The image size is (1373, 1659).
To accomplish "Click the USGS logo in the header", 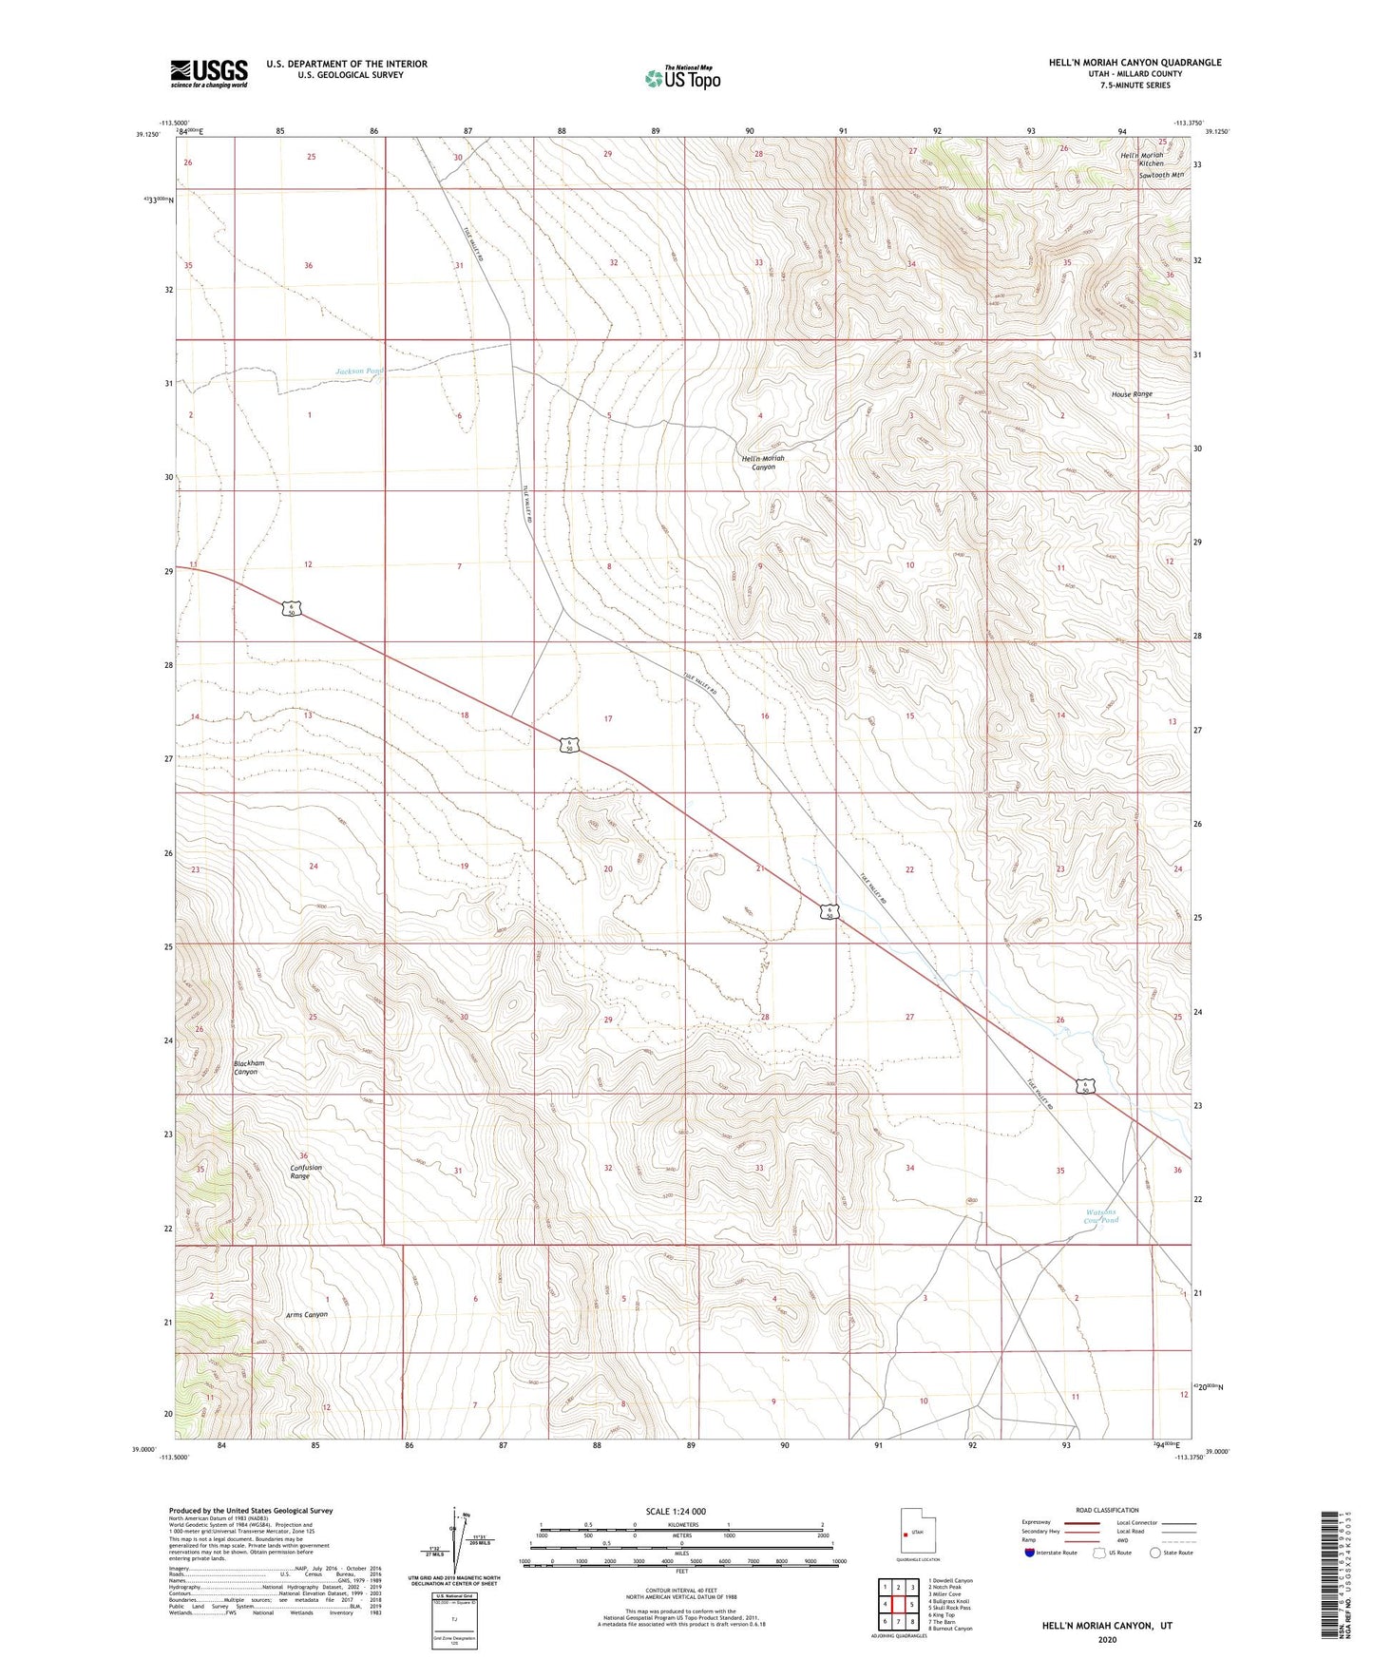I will (209, 73).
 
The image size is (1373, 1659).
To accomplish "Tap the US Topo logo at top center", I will (681, 77).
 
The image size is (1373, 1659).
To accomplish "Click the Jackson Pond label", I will (359, 372).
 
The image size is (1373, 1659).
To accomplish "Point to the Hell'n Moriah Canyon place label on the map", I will (763, 463).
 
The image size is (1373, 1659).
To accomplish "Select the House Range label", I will (1132, 393).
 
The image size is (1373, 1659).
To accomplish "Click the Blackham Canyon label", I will (249, 1067).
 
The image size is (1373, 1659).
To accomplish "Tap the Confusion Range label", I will (306, 1172).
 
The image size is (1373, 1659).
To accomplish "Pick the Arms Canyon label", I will (307, 1315).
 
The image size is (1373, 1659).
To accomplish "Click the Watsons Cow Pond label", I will (1102, 1216).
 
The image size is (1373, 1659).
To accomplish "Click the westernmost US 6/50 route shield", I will (292, 608).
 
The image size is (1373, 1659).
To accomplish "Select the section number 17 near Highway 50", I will (608, 719).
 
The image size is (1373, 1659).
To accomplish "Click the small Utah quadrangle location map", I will (917, 1532).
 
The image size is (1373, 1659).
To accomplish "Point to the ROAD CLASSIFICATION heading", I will (1107, 1510).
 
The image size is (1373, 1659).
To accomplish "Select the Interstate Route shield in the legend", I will (1032, 1553).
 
